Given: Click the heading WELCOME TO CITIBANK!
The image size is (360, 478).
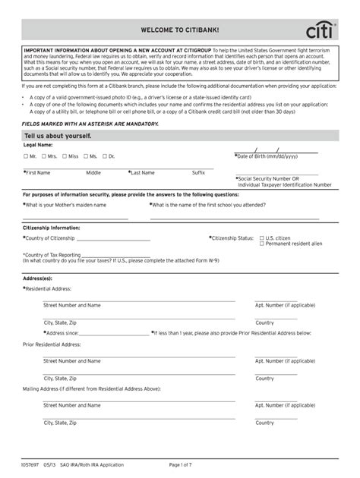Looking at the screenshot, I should click(180, 30).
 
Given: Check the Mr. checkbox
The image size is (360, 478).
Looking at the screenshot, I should click(27, 156).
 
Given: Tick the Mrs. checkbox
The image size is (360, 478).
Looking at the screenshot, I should click(43, 156).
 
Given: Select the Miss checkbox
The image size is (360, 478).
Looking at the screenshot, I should click(64, 156).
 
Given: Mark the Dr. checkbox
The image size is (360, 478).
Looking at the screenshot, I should click(105, 156).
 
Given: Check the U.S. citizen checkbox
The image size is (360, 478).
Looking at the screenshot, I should click(262, 237).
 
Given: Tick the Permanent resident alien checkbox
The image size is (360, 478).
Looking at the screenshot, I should click(262, 244).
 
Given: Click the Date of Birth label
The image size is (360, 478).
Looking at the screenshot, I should click(267, 156).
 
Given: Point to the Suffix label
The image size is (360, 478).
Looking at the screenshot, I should click(198, 173).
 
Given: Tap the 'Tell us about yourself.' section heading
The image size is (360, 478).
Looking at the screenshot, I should click(58, 135).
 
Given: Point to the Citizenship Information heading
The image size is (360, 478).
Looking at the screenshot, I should click(52, 227).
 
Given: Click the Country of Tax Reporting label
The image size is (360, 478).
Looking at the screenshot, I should click(52, 255).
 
